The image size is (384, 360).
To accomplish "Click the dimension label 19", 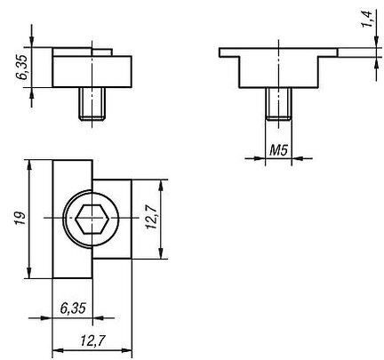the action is (21, 219).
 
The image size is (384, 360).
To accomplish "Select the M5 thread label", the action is (278, 151).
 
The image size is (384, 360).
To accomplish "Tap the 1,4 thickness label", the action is (366, 20).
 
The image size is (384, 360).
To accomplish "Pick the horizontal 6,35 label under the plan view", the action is (73, 308).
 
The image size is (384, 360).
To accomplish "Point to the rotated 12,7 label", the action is (151, 218).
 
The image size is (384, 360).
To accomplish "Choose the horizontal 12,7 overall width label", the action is (92, 341).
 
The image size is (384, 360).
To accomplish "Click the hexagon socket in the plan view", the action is (91, 219).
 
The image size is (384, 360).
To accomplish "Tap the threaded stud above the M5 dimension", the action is (278, 104).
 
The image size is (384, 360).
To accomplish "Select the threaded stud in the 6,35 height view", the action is (92, 103).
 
